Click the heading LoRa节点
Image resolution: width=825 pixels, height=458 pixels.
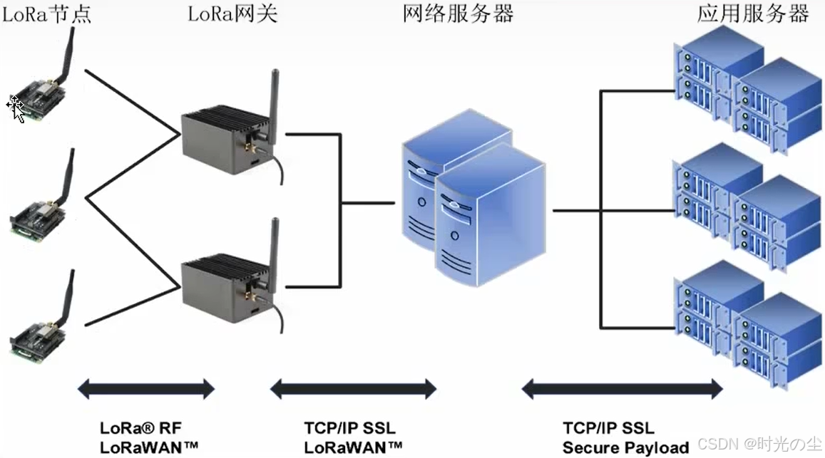click(46, 14)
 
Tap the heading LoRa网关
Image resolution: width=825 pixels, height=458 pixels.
click(232, 14)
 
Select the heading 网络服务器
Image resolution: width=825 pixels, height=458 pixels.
click(458, 14)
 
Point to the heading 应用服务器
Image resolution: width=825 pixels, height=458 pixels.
click(753, 14)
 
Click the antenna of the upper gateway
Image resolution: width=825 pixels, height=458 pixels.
click(274, 105)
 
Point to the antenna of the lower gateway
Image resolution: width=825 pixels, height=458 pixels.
click(274, 254)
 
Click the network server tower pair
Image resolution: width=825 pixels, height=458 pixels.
click(473, 198)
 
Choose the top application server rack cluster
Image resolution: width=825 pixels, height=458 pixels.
click(748, 89)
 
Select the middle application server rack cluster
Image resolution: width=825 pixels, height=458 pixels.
click(748, 207)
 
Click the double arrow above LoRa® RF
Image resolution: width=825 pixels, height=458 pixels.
click(146, 389)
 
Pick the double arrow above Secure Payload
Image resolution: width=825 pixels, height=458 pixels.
click(622, 389)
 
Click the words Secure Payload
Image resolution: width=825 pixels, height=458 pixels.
click(625, 448)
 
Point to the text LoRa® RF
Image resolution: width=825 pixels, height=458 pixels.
click(140, 428)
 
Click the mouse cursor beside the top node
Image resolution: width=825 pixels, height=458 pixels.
click(16, 108)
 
